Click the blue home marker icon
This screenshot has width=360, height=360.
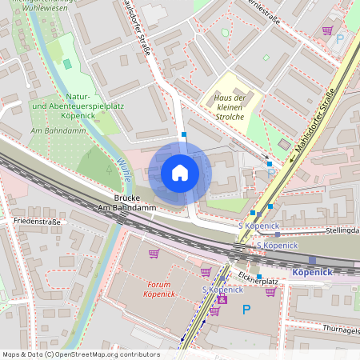[180, 173]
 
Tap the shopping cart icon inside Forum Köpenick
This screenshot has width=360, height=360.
[154, 254]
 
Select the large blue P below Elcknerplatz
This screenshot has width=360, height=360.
[246, 309]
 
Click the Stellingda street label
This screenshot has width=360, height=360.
[339, 230]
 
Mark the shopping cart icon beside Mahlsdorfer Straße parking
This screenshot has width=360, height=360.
[327, 30]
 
